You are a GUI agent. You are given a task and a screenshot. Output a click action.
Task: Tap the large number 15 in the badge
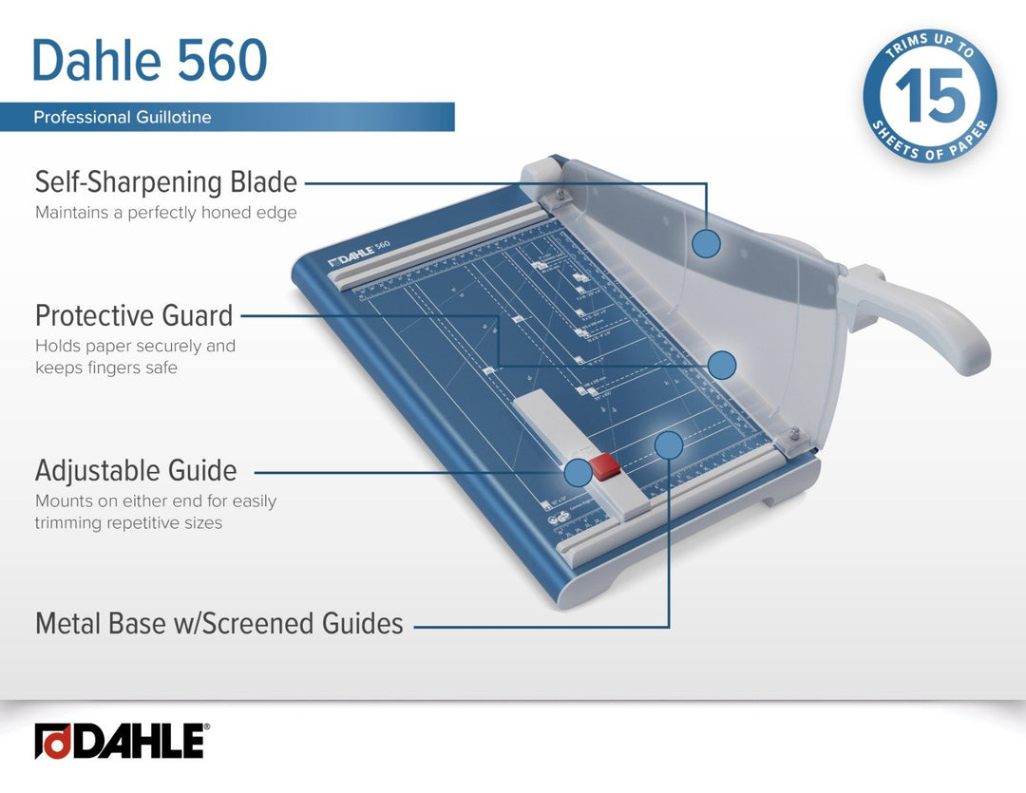pos(930,97)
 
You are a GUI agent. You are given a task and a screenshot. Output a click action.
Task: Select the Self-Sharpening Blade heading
pos(166,181)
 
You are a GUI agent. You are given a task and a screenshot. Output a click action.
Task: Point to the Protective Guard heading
pos(134,315)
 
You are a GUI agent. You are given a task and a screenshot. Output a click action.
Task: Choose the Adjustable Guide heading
pos(136,470)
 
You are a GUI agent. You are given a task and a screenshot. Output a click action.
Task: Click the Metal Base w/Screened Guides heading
pos(219,624)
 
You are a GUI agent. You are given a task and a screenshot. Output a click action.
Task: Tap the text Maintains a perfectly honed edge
pos(166,213)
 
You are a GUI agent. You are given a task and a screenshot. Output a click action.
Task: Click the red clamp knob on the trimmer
pos(604,466)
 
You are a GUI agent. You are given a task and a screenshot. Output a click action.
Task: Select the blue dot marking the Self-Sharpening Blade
pos(706,244)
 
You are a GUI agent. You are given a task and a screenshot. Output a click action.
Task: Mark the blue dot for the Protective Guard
pos(722,365)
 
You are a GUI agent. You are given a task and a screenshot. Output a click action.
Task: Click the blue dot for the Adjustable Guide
pos(578,472)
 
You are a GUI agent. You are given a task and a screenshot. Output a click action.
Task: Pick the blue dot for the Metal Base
pos(669,444)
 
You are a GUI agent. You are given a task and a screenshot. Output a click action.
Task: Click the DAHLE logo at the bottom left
pos(121,741)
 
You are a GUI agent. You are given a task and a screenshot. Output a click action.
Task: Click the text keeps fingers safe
pos(106,368)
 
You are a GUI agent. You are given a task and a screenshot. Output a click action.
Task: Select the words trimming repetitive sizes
pos(128,522)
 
